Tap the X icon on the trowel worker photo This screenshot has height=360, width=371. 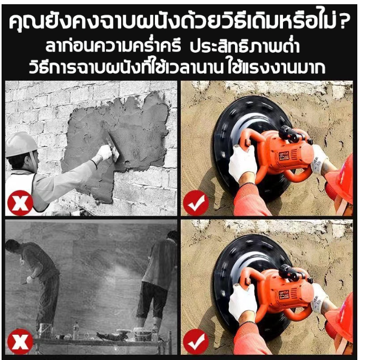pyautogui.click(x=20, y=203)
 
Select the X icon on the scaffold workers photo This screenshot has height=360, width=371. pyautogui.click(x=20, y=342)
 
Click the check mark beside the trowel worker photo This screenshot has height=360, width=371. pyautogui.click(x=196, y=202)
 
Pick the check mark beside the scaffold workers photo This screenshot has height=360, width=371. pyautogui.click(x=196, y=342)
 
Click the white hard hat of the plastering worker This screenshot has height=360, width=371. pyautogui.click(x=21, y=144)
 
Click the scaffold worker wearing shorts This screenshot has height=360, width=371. pyautogui.click(x=158, y=279)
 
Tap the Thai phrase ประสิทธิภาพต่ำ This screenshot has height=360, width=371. pyautogui.click(x=245, y=46)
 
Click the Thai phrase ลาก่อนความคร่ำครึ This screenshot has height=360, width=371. pyautogui.click(x=113, y=46)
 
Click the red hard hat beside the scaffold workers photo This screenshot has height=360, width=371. pyautogui.click(x=341, y=316)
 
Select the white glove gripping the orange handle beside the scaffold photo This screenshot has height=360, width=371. pyautogui.click(x=242, y=299)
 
